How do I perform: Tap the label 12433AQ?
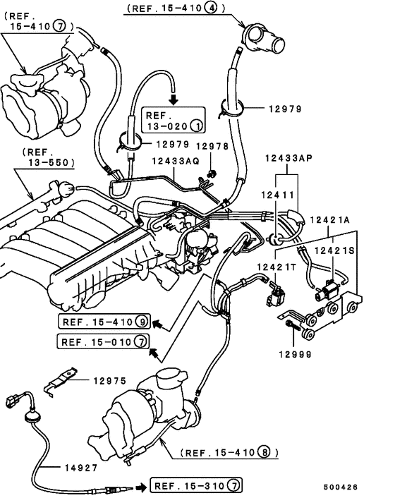pos(176,161)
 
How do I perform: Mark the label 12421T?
pos(274,266)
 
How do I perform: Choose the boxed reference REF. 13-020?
pos(174,120)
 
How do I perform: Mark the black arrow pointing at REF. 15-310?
pos(139,486)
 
